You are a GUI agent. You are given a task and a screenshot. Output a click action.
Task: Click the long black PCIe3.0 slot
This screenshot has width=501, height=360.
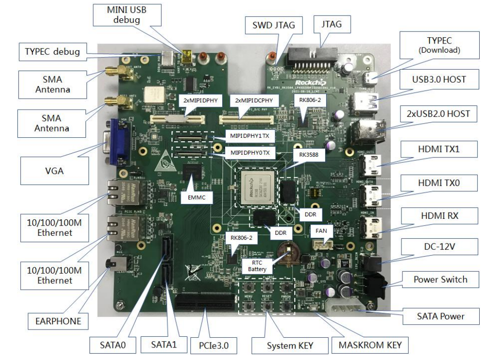[x=206, y=302]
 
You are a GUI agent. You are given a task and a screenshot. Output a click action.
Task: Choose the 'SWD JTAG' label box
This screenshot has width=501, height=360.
[x=272, y=25]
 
